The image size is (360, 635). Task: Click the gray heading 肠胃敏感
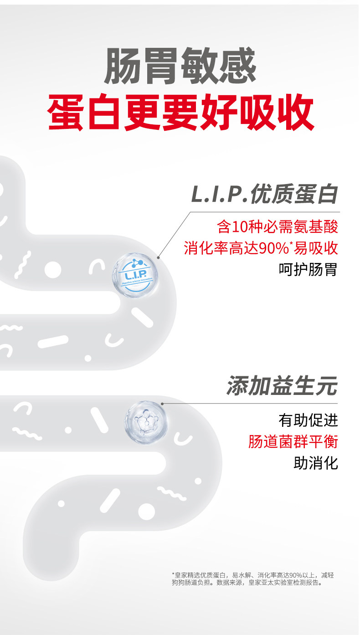[x=180, y=67]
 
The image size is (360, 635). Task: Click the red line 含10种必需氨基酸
[x=278, y=226]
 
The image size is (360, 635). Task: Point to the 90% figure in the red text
[x=273, y=249]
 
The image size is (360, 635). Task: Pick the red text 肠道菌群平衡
[x=293, y=441]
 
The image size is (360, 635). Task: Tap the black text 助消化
[x=315, y=464]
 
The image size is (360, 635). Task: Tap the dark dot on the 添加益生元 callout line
[x=162, y=403]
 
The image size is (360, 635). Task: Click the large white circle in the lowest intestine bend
[x=146, y=510]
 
